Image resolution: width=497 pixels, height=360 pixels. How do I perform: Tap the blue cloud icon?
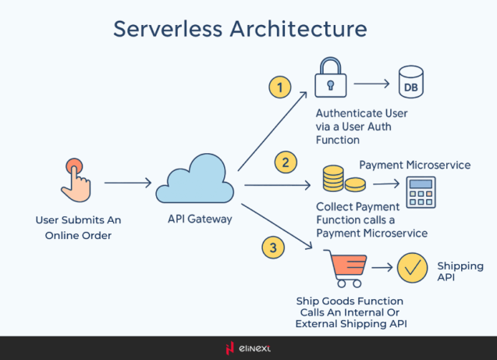coord(195,183)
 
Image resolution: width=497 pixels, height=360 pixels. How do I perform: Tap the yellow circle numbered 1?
coord(279,87)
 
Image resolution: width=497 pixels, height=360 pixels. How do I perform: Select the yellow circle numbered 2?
coord(286,162)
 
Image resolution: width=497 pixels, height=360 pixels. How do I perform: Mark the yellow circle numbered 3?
coord(272,248)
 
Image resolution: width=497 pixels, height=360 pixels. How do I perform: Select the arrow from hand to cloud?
coord(127,184)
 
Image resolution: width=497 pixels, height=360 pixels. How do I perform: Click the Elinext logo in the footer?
coord(248,348)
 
